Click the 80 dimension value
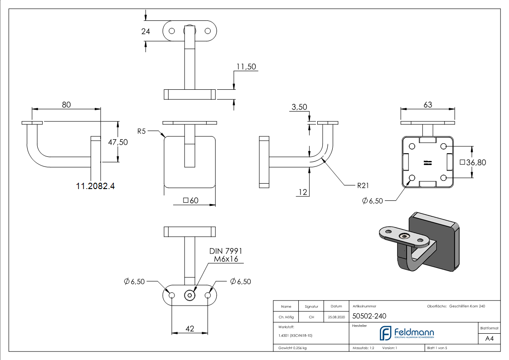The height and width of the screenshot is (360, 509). pyautogui.click(x=66, y=104)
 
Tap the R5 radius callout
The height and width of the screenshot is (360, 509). pyautogui.click(x=141, y=131)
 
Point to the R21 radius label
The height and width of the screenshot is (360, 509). pyautogui.click(x=353, y=185)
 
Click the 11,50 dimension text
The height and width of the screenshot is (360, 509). pyautogui.click(x=246, y=67)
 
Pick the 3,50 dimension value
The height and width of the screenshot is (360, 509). pyautogui.click(x=299, y=107)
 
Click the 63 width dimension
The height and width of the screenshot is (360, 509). pyautogui.click(x=427, y=104)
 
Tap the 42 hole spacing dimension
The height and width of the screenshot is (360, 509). pyautogui.click(x=189, y=328)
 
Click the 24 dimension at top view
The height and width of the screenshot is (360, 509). pyautogui.click(x=145, y=31)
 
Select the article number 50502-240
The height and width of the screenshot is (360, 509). pyautogui.click(x=369, y=317)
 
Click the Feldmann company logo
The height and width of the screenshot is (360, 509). pyautogui.click(x=407, y=333)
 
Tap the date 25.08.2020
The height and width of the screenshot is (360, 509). pyautogui.click(x=336, y=317)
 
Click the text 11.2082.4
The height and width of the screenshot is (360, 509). pyautogui.click(x=96, y=185)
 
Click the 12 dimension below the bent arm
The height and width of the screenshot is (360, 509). pyautogui.click(x=303, y=192)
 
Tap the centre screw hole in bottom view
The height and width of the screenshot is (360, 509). pyautogui.click(x=189, y=295)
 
